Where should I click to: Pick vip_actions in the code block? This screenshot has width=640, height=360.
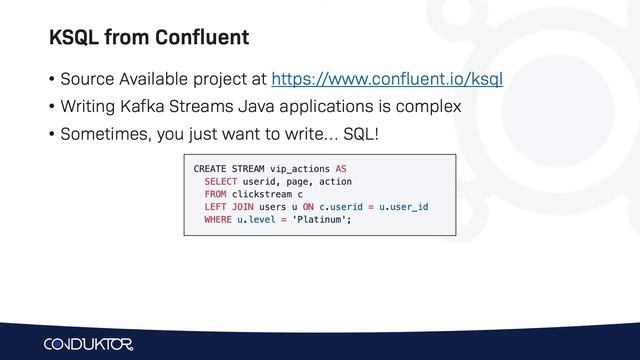[299, 167]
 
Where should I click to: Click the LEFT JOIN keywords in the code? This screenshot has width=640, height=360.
[228, 207]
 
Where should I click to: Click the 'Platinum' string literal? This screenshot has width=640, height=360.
[320, 220]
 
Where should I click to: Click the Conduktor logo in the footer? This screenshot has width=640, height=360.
[95, 343]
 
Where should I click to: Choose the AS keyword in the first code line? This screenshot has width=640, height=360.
[341, 167]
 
